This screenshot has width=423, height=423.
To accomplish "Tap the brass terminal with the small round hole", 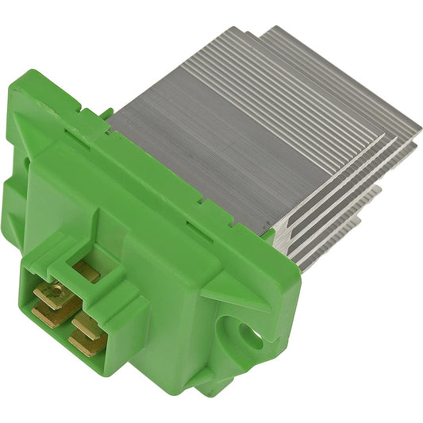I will pos(48,298).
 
